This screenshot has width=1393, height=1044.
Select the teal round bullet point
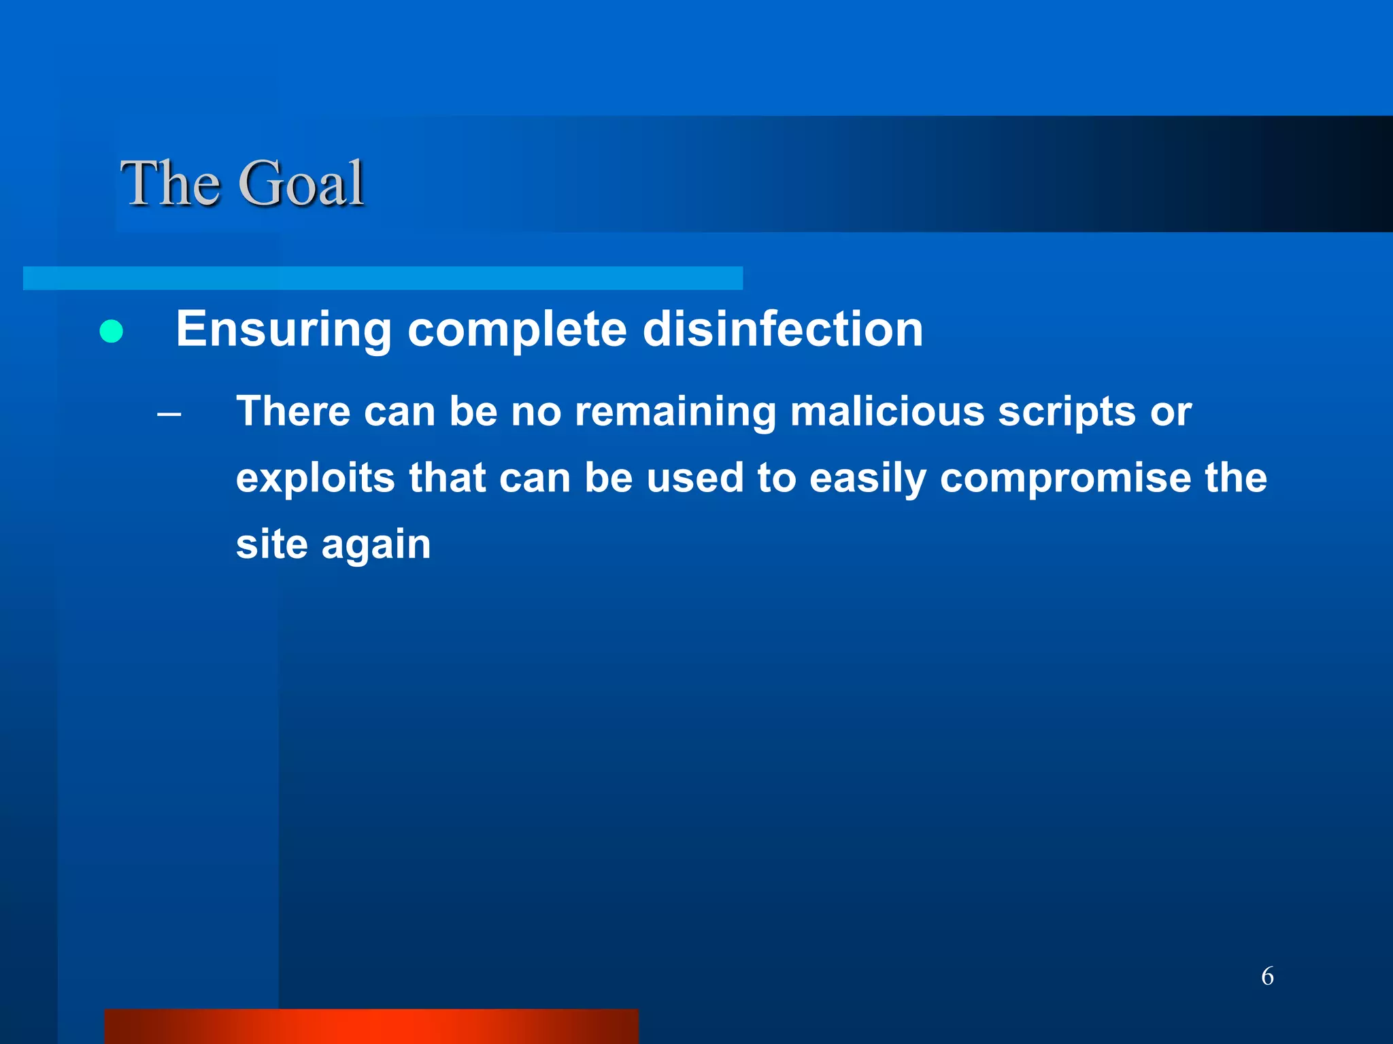pos(111,332)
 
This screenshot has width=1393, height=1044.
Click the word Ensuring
pos(284,330)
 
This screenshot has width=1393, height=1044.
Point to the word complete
pos(517,330)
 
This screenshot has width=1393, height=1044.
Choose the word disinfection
pos(782,330)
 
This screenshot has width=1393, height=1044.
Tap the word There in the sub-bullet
pos(292,412)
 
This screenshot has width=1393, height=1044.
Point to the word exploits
pos(315,478)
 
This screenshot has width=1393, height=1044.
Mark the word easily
pos(868,478)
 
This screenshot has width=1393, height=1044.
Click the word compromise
pos(1065,478)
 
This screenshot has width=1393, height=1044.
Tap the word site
pos(271,544)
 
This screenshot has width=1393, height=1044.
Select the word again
pos(375,545)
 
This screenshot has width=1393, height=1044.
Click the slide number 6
pos(1267,976)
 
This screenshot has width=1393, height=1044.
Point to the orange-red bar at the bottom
pos(371,1026)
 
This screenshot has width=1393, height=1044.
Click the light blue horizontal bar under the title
pos(382,278)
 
